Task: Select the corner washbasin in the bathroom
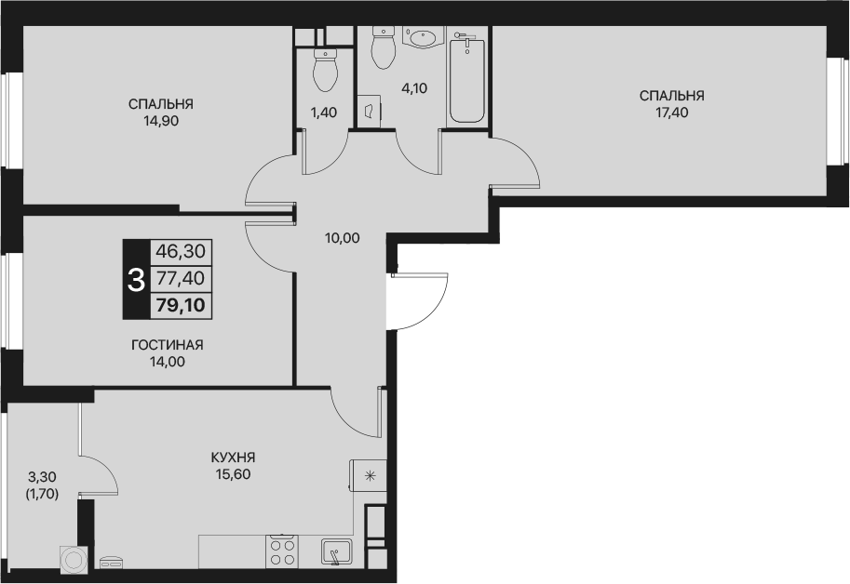pos(424,37)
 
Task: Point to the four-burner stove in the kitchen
pos(282,551)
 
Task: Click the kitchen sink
pos(336,552)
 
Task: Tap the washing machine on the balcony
pos(74,559)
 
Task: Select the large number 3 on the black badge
pos(136,280)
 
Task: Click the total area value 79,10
pos(181,306)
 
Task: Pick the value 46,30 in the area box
pos(181,251)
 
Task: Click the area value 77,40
pos(181,278)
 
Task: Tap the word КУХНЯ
pos(233,458)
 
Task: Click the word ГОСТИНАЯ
pos(167,345)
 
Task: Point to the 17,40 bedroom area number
pos(671,113)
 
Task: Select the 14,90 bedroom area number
pos(161,121)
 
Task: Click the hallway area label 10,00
pos(342,238)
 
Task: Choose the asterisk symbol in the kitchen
pos(370,476)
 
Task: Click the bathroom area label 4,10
pos(414,88)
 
